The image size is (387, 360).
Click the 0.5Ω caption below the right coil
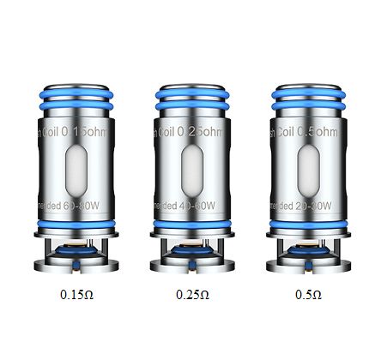click(309, 296)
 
